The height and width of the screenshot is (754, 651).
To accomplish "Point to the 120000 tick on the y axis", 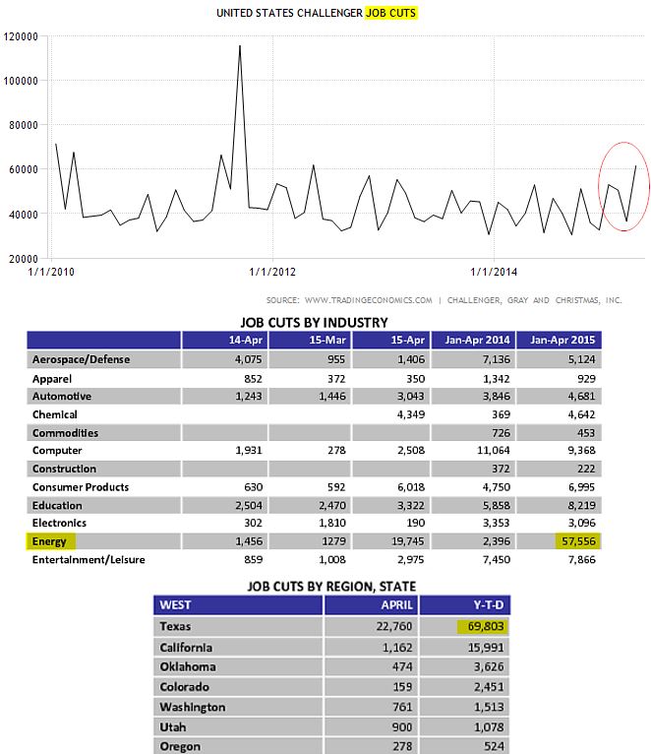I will (x=22, y=36).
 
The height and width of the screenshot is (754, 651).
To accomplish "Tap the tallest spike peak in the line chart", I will (x=240, y=45).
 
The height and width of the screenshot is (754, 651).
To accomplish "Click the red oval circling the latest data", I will (x=621, y=187).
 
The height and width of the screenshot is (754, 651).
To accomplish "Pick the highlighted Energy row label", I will (x=51, y=541).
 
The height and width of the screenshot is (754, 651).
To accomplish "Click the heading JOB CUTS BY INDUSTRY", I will (x=314, y=322).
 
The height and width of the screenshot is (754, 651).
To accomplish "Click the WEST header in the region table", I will (x=176, y=603).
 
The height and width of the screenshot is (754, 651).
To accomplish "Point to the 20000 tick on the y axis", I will (x=22, y=259).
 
